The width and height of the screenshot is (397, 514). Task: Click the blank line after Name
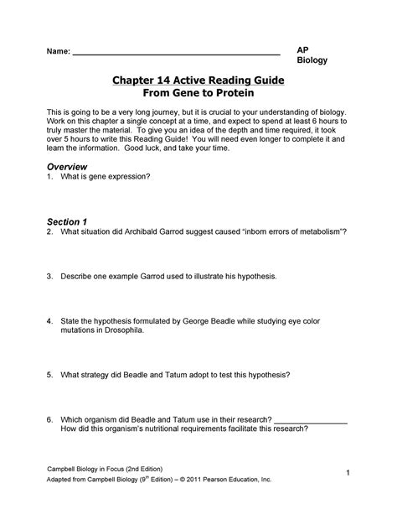[176, 53]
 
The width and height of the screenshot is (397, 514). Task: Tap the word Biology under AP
[313, 61]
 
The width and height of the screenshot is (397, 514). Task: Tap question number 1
[50, 178]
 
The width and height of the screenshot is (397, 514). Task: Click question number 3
[50, 275]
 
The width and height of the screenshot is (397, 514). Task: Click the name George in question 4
[219, 320]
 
